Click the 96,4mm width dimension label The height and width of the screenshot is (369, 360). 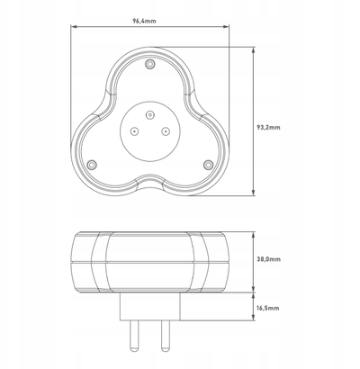click(x=144, y=21)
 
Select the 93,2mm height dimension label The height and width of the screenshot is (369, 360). click(x=269, y=127)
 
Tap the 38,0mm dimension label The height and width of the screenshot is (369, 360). click(x=269, y=259)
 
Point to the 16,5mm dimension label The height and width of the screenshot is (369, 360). click(x=268, y=308)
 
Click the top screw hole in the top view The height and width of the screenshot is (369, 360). click(x=149, y=64)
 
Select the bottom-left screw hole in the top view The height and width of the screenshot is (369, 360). click(x=92, y=165)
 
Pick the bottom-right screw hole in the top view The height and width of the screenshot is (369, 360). click(x=208, y=165)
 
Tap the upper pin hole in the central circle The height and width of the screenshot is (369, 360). click(x=149, y=114)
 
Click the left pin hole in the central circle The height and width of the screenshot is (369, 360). click(x=134, y=131)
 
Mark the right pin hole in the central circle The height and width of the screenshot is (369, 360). click(x=166, y=131)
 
